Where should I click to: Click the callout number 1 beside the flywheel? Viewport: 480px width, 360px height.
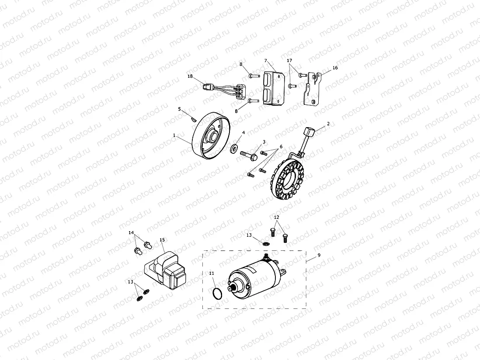point(174,135)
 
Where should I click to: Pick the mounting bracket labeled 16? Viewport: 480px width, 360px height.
point(313,90)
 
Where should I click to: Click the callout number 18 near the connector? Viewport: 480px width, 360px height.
point(190,76)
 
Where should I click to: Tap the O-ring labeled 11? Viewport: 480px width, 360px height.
point(216,294)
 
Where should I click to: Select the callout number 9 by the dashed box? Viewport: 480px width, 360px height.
point(319,255)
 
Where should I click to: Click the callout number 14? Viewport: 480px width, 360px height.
point(131,233)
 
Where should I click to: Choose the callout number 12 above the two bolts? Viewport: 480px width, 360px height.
point(276,217)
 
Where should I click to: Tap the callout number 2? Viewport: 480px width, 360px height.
point(328,124)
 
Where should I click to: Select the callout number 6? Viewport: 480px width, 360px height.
point(281,146)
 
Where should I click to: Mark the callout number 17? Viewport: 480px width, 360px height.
point(289,60)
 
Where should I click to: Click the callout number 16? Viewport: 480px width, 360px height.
point(335,68)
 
